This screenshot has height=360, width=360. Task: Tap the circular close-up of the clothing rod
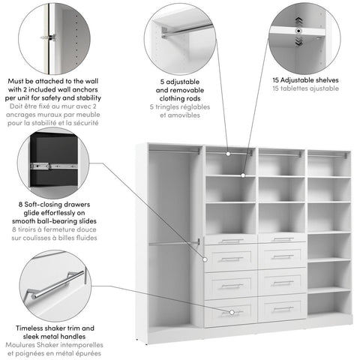tap(181, 37)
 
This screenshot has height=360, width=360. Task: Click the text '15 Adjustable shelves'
tap(305, 79)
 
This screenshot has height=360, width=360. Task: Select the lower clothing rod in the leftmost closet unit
tap(174, 242)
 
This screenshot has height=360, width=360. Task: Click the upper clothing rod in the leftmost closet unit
tap(174, 153)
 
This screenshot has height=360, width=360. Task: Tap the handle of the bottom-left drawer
tap(231, 311)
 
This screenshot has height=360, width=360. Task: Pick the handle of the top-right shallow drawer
tap(283, 239)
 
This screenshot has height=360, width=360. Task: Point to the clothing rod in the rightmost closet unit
tap(328, 155)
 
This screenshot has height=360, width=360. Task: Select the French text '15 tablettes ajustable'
tap(305, 88)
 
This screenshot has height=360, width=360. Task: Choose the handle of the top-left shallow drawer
tap(231, 241)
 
